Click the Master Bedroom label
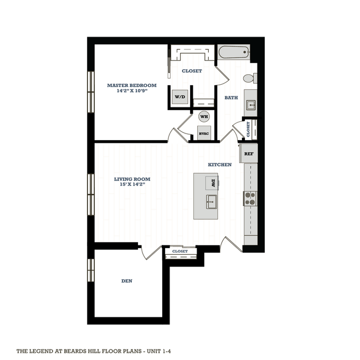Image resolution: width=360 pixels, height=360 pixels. point(131,85)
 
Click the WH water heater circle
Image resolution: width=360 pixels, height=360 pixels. point(203,117)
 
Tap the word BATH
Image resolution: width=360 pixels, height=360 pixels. point(231,98)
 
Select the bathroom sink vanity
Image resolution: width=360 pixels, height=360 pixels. point(250,103)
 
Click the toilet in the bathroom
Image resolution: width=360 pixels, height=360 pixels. point(251,79)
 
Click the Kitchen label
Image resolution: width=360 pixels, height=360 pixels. point(219,165)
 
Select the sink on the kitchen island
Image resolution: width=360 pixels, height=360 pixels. point(212,200)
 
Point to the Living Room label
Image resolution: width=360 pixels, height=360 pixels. point(132,179)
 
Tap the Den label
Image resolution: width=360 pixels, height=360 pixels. point(127,281)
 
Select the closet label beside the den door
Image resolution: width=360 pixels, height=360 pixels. point(180,251)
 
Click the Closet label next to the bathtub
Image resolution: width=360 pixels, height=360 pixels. point(192,71)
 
